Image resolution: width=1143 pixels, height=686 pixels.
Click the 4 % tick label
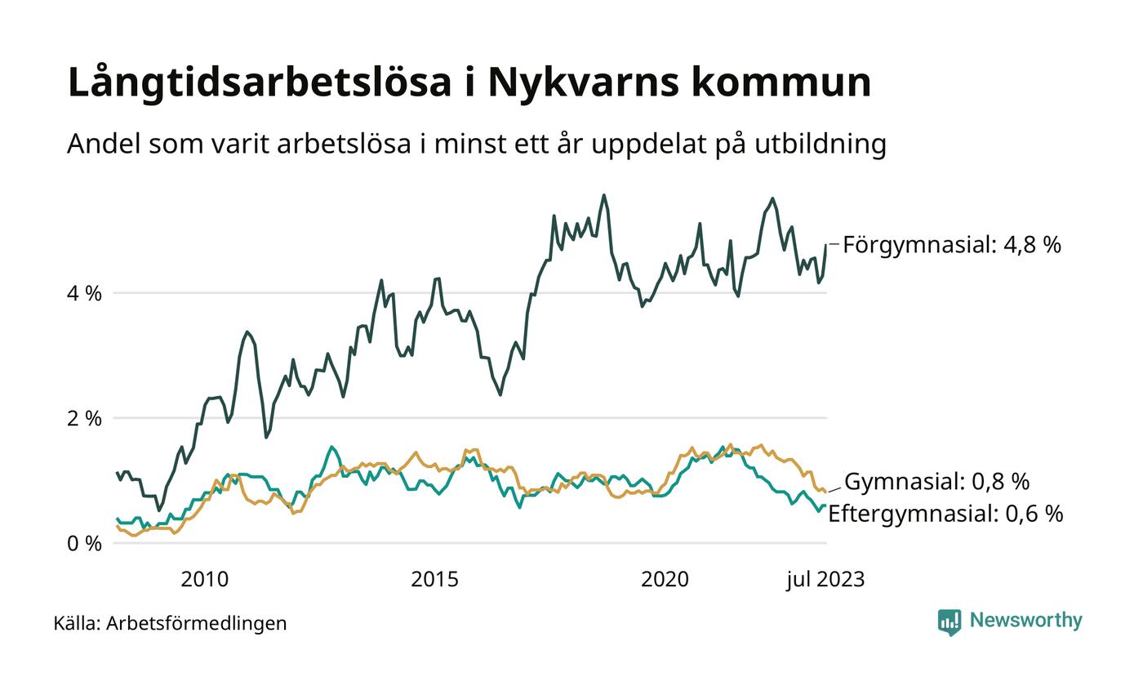[x=84, y=293]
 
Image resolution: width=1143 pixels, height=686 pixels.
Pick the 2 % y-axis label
[x=84, y=418]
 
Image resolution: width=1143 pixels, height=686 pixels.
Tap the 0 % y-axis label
[x=84, y=543]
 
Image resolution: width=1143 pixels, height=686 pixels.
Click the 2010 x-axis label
[x=204, y=580]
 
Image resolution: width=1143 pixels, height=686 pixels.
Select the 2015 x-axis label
[x=434, y=580]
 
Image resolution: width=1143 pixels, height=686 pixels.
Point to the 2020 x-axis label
[x=665, y=580]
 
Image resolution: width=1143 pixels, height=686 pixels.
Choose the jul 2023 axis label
[x=825, y=580]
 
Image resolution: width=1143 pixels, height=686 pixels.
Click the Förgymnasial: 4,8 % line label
[x=951, y=244]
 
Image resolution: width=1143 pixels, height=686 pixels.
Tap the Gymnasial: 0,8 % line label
[x=936, y=482]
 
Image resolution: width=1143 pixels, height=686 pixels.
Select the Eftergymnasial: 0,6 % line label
[x=945, y=514]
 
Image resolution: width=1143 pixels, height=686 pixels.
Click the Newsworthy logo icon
[x=950, y=622]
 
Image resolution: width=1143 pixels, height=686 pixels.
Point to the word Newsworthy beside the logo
[x=1025, y=621]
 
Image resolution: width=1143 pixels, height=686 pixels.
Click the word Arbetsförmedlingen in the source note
[x=196, y=624]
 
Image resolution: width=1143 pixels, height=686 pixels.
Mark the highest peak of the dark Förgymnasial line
[x=603, y=195]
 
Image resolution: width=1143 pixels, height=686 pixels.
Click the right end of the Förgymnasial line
[x=825, y=245]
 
